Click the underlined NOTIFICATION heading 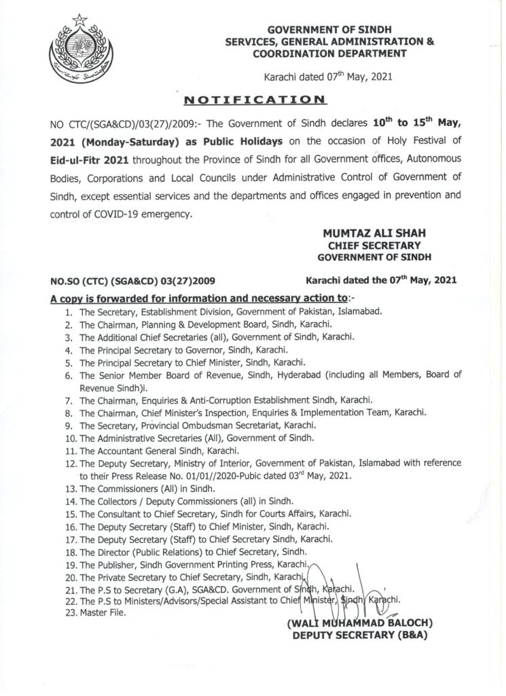coord(255,100)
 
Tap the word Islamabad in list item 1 coord(360,312)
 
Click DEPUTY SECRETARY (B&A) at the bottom coord(359,636)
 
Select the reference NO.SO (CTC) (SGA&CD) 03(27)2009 coord(132,280)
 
